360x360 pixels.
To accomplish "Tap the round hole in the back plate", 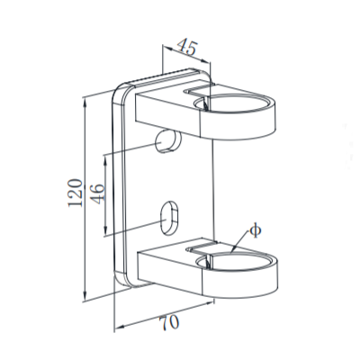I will [x=166, y=139].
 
